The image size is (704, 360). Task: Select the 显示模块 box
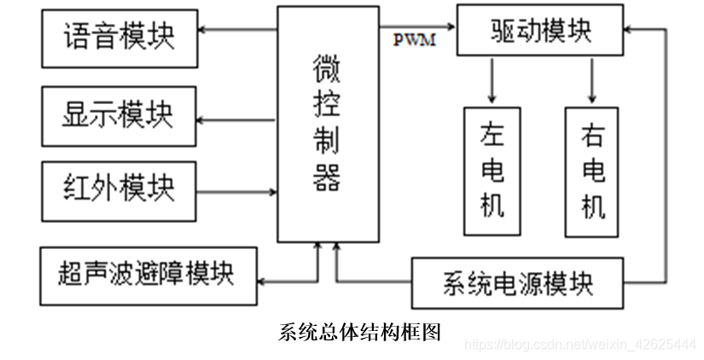pyautogui.click(x=119, y=113)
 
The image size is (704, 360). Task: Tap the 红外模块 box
pyautogui.click(x=119, y=188)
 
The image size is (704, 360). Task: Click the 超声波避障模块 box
pyautogui.click(x=148, y=275)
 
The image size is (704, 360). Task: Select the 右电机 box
pyautogui.click(x=592, y=171)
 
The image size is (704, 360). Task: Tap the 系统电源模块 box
pyautogui.click(x=518, y=282)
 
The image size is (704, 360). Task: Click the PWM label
pyautogui.click(x=415, y=40)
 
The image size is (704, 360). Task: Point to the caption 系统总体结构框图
pyautogui.click(x=359, y=333)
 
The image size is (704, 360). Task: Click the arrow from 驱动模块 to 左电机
pyautogui.click(x=492, y=80)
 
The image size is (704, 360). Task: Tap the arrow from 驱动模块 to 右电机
pyautogui.click(x=592, y=80)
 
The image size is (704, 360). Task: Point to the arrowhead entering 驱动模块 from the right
pyautogui.click(x=630, y=28)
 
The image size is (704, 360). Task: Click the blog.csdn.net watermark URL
pyautogui.click(x=580, y=344)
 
